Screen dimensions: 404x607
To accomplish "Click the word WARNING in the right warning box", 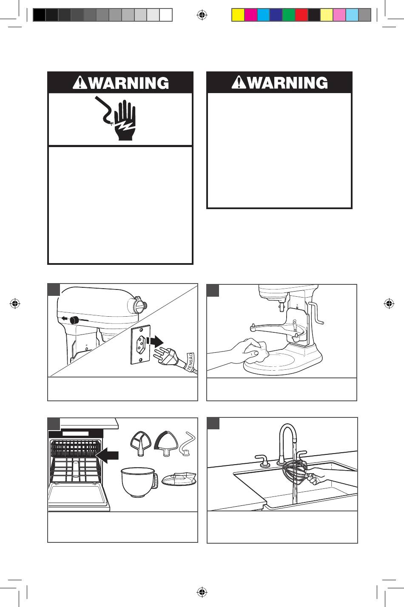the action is pos(287,82).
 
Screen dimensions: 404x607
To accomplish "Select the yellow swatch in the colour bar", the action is pos(238,15).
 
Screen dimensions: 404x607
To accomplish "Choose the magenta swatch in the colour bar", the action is pos(250,15).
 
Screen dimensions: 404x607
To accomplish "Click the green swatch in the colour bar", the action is pos(289,15).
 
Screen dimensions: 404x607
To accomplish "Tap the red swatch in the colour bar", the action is pos(302,15).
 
